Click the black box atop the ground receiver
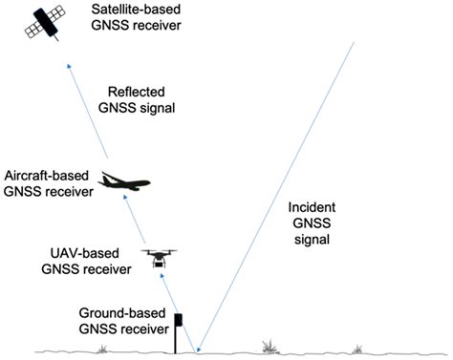point(179,319)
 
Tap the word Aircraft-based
point(48,176)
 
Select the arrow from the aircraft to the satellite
point(96,115)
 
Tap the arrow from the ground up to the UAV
point(182,306)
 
